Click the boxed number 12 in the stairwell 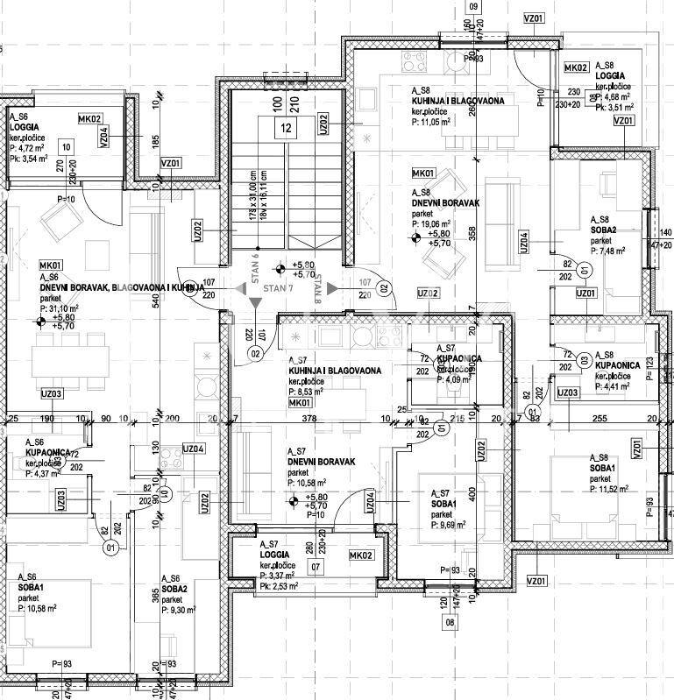(286, 128)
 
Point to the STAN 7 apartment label (277, 287)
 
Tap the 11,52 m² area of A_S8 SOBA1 (608, 490)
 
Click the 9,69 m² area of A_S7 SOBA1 (449, 526)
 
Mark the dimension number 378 (309, 419)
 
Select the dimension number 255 (600, 419)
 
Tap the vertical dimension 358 (472, 233)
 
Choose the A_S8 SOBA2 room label (603, 230)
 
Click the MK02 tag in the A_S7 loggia (360, 555)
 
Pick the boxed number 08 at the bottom (451, 623)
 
